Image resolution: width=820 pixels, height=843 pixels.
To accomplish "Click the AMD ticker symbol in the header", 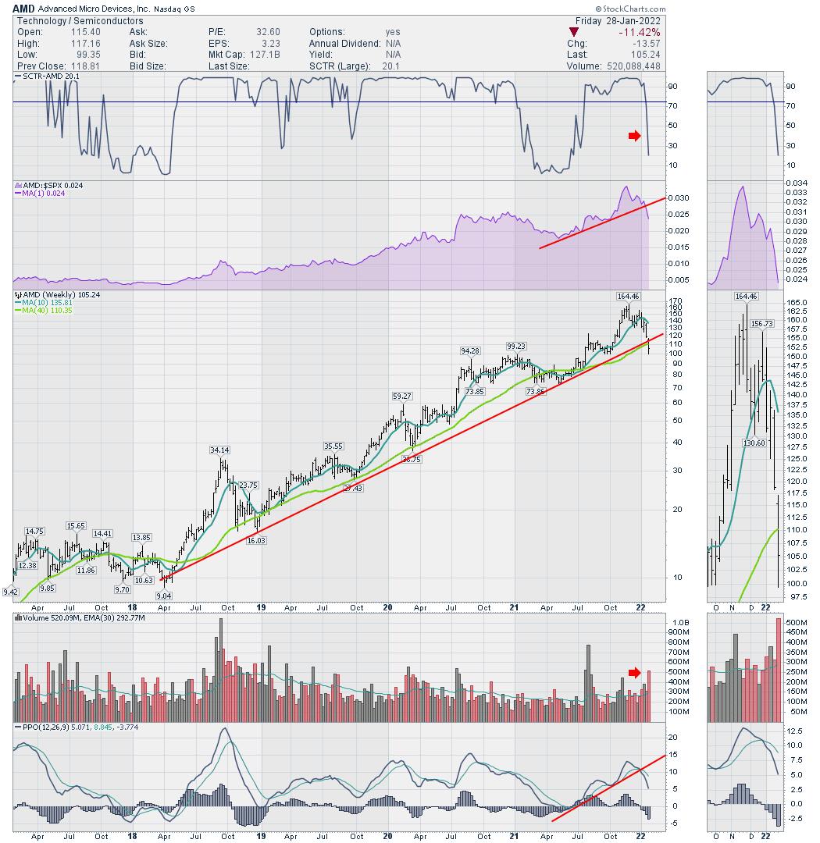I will [x=23, y=8].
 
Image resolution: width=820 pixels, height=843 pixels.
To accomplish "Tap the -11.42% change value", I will [x=639, y=32].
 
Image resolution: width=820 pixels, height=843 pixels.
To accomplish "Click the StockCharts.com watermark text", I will [x=772, y=8].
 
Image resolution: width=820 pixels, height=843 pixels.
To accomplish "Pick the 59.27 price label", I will [x=402, y=397].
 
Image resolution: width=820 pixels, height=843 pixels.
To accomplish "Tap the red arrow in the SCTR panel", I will [x=634, y=137].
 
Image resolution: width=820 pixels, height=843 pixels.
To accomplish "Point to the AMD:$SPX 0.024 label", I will [x=48, y=186].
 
